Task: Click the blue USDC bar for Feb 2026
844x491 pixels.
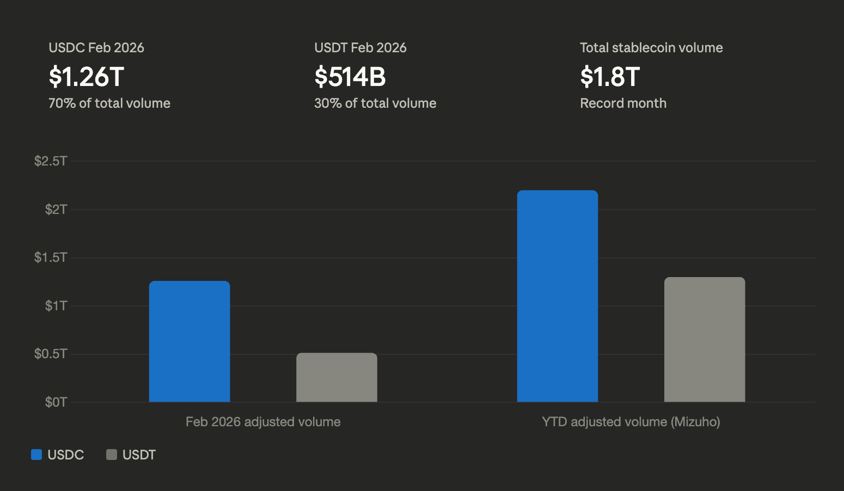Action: point(189,341)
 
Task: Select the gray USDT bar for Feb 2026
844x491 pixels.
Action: point(337,377)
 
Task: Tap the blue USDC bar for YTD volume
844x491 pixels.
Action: point(557,296)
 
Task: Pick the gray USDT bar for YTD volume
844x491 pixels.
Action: point(704,339)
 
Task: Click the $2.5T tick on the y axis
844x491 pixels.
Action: point(51,161)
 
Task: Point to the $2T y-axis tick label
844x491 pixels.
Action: point(56,209)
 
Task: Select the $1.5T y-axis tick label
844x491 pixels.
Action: point(51,257)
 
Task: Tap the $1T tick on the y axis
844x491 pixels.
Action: point(56,305)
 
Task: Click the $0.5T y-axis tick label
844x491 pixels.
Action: point(51,354)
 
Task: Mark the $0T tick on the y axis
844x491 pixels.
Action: point(56,402)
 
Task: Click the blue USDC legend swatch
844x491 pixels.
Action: point(36,455)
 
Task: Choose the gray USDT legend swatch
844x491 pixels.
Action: point(112,455)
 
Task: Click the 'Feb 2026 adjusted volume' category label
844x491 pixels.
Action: point(263,422)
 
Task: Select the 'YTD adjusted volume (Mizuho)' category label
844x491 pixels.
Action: point(631,422)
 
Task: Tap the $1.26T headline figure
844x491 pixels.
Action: point(87,77)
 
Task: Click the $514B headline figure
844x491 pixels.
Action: point(350,77)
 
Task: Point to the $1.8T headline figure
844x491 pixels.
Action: point(610,77)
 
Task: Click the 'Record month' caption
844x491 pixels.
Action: point(623,103)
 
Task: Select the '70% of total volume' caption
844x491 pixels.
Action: point(109,103)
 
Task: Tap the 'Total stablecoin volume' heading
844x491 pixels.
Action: point(651,48)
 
